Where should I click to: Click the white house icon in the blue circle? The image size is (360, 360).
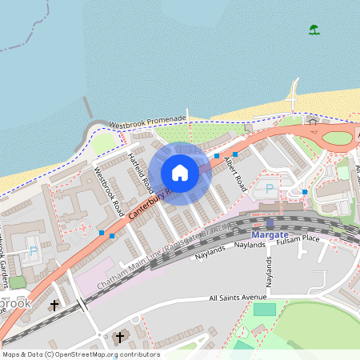click(x=180, y=173)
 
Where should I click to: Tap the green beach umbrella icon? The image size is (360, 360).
click(x=314, y=30)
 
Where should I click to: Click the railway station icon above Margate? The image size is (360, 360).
click(x=270, y=224)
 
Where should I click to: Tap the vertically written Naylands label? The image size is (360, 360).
click(x=270, y=272)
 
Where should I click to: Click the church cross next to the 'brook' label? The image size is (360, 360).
click(x=54, y=306)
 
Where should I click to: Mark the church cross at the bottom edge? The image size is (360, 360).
click(x=121, y=337)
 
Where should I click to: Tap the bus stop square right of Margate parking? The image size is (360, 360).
click(x=305, y=192)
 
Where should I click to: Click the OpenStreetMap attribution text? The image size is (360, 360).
click(x=80, y=354)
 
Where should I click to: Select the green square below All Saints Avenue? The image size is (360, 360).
click(x=265, y=310)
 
